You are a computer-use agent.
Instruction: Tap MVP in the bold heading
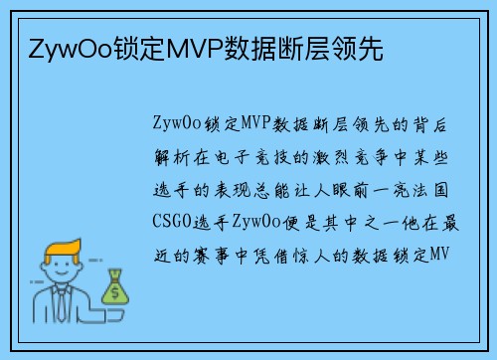[x=189, y=46]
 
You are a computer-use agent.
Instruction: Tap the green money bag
[x=115, y=288]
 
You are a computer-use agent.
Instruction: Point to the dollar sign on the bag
[x=115, y=292]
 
